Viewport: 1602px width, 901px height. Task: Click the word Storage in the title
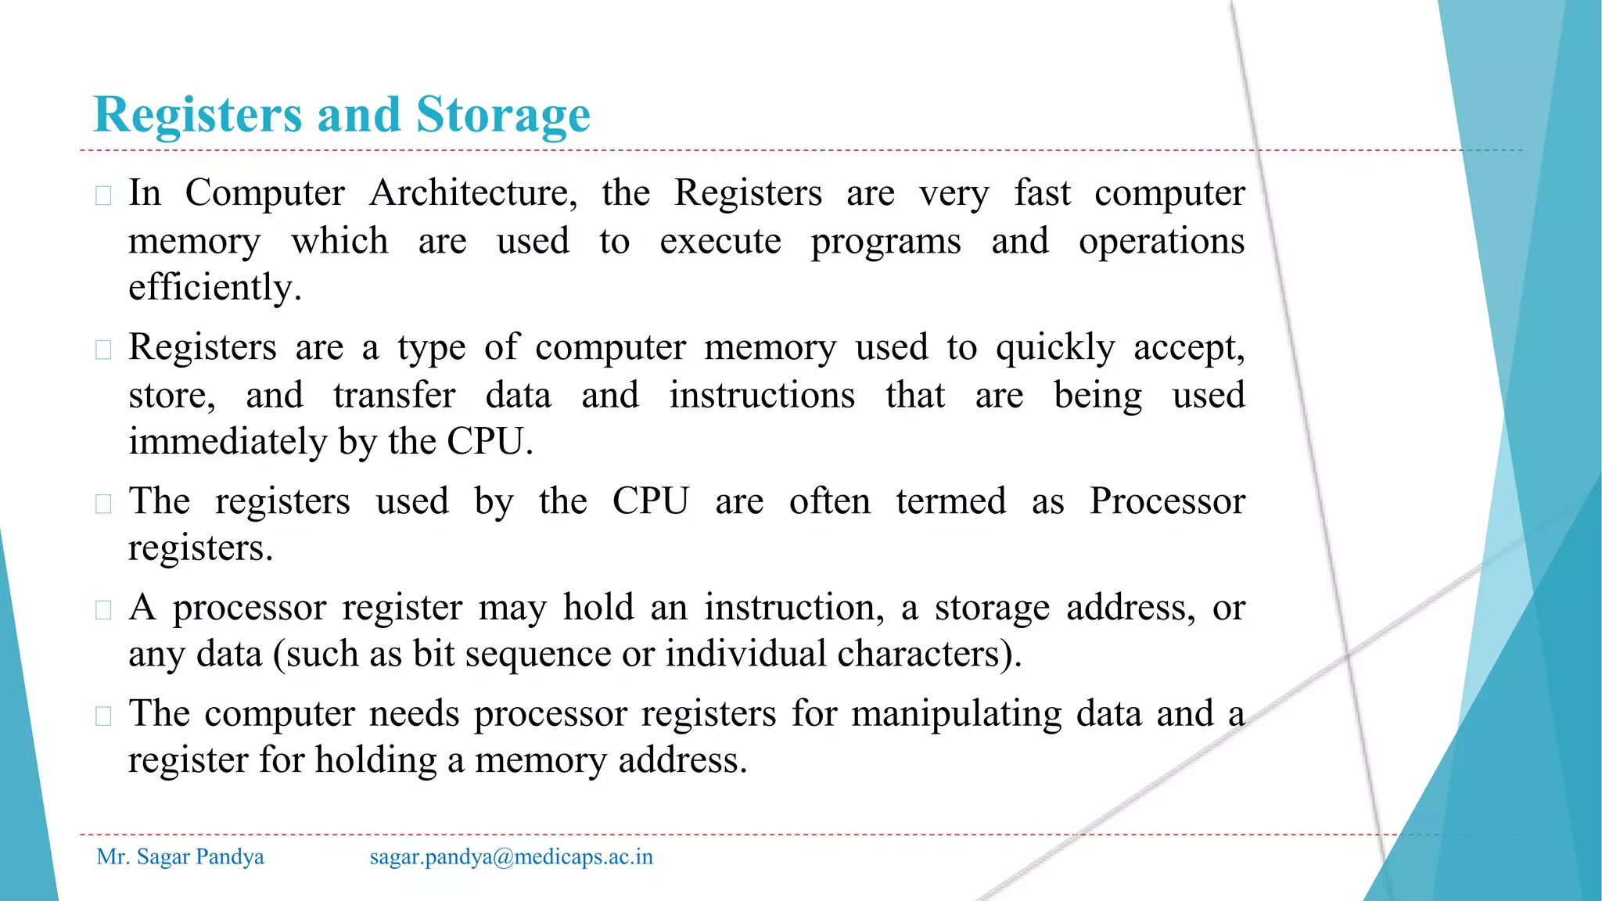pyautogui.click(x=502, y=116)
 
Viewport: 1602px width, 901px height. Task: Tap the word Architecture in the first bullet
pyautogui.click(x=472, y=193)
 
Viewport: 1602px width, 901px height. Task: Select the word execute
pyautogui.click(x=720, y=242)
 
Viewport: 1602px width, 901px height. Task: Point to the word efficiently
pyautogui.click(x=215, y=288)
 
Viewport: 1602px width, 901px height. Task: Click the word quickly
pyautogui.click(x=1054, y=348)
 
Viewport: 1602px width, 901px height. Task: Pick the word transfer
pyautogui.click(x=394, y=396)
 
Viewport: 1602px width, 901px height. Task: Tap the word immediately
pyautogui.click(x=227, y=442)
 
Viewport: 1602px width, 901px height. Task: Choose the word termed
pyautogui.click(x=950, y=501)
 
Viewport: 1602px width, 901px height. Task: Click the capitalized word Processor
pyautogui.click(x=1167, y=501)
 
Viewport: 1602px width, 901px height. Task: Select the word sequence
pyautogui.click(x=537, y=654)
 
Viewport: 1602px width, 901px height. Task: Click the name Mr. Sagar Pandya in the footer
pyautogui.click(x=180, y=857)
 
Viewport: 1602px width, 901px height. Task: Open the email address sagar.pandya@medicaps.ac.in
pyautogui.click(x=511, y=857)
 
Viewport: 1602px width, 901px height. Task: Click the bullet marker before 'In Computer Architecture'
pyautogui.click(x=103, y=195)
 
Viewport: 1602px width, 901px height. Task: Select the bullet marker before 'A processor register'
pyautogui.click(x=103, y=609)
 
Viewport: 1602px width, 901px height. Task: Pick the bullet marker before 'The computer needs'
pyautogui.click(x=103, y=716)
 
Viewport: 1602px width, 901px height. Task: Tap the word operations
pyautogui.click(x=1161, y=242)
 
